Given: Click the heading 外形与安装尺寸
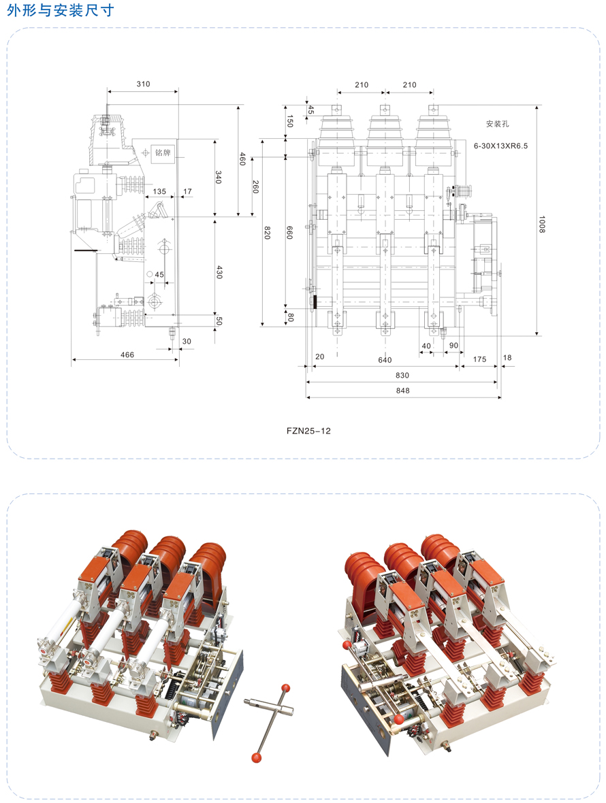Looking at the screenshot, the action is (61, 10).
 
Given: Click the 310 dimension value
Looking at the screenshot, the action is (144, 84).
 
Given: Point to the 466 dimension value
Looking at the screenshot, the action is (127, 355).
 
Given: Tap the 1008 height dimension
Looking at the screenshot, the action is (542, 224).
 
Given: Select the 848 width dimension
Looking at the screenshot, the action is (402, 390).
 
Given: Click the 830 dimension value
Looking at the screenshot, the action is (402, 375).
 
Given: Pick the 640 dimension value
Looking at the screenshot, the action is (385, 359).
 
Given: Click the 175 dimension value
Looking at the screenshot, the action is (479, 359).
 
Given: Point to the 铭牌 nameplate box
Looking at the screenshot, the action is (163, 152).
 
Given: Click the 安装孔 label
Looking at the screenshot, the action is (498, 124).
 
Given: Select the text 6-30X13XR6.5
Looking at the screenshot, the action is (500, 146).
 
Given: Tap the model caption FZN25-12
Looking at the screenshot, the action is (308, 431).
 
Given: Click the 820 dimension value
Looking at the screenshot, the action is (267, 233).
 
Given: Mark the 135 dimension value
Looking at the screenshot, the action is (159, 191).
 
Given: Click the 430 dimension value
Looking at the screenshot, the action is (219, 272).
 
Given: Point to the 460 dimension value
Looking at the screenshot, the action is (243, 159).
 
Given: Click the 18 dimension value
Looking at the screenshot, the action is (507, 357).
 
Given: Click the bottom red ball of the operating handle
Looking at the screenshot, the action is (256, 757).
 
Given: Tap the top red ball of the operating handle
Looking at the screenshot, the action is (286, 687).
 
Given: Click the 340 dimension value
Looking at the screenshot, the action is (218, 177).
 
